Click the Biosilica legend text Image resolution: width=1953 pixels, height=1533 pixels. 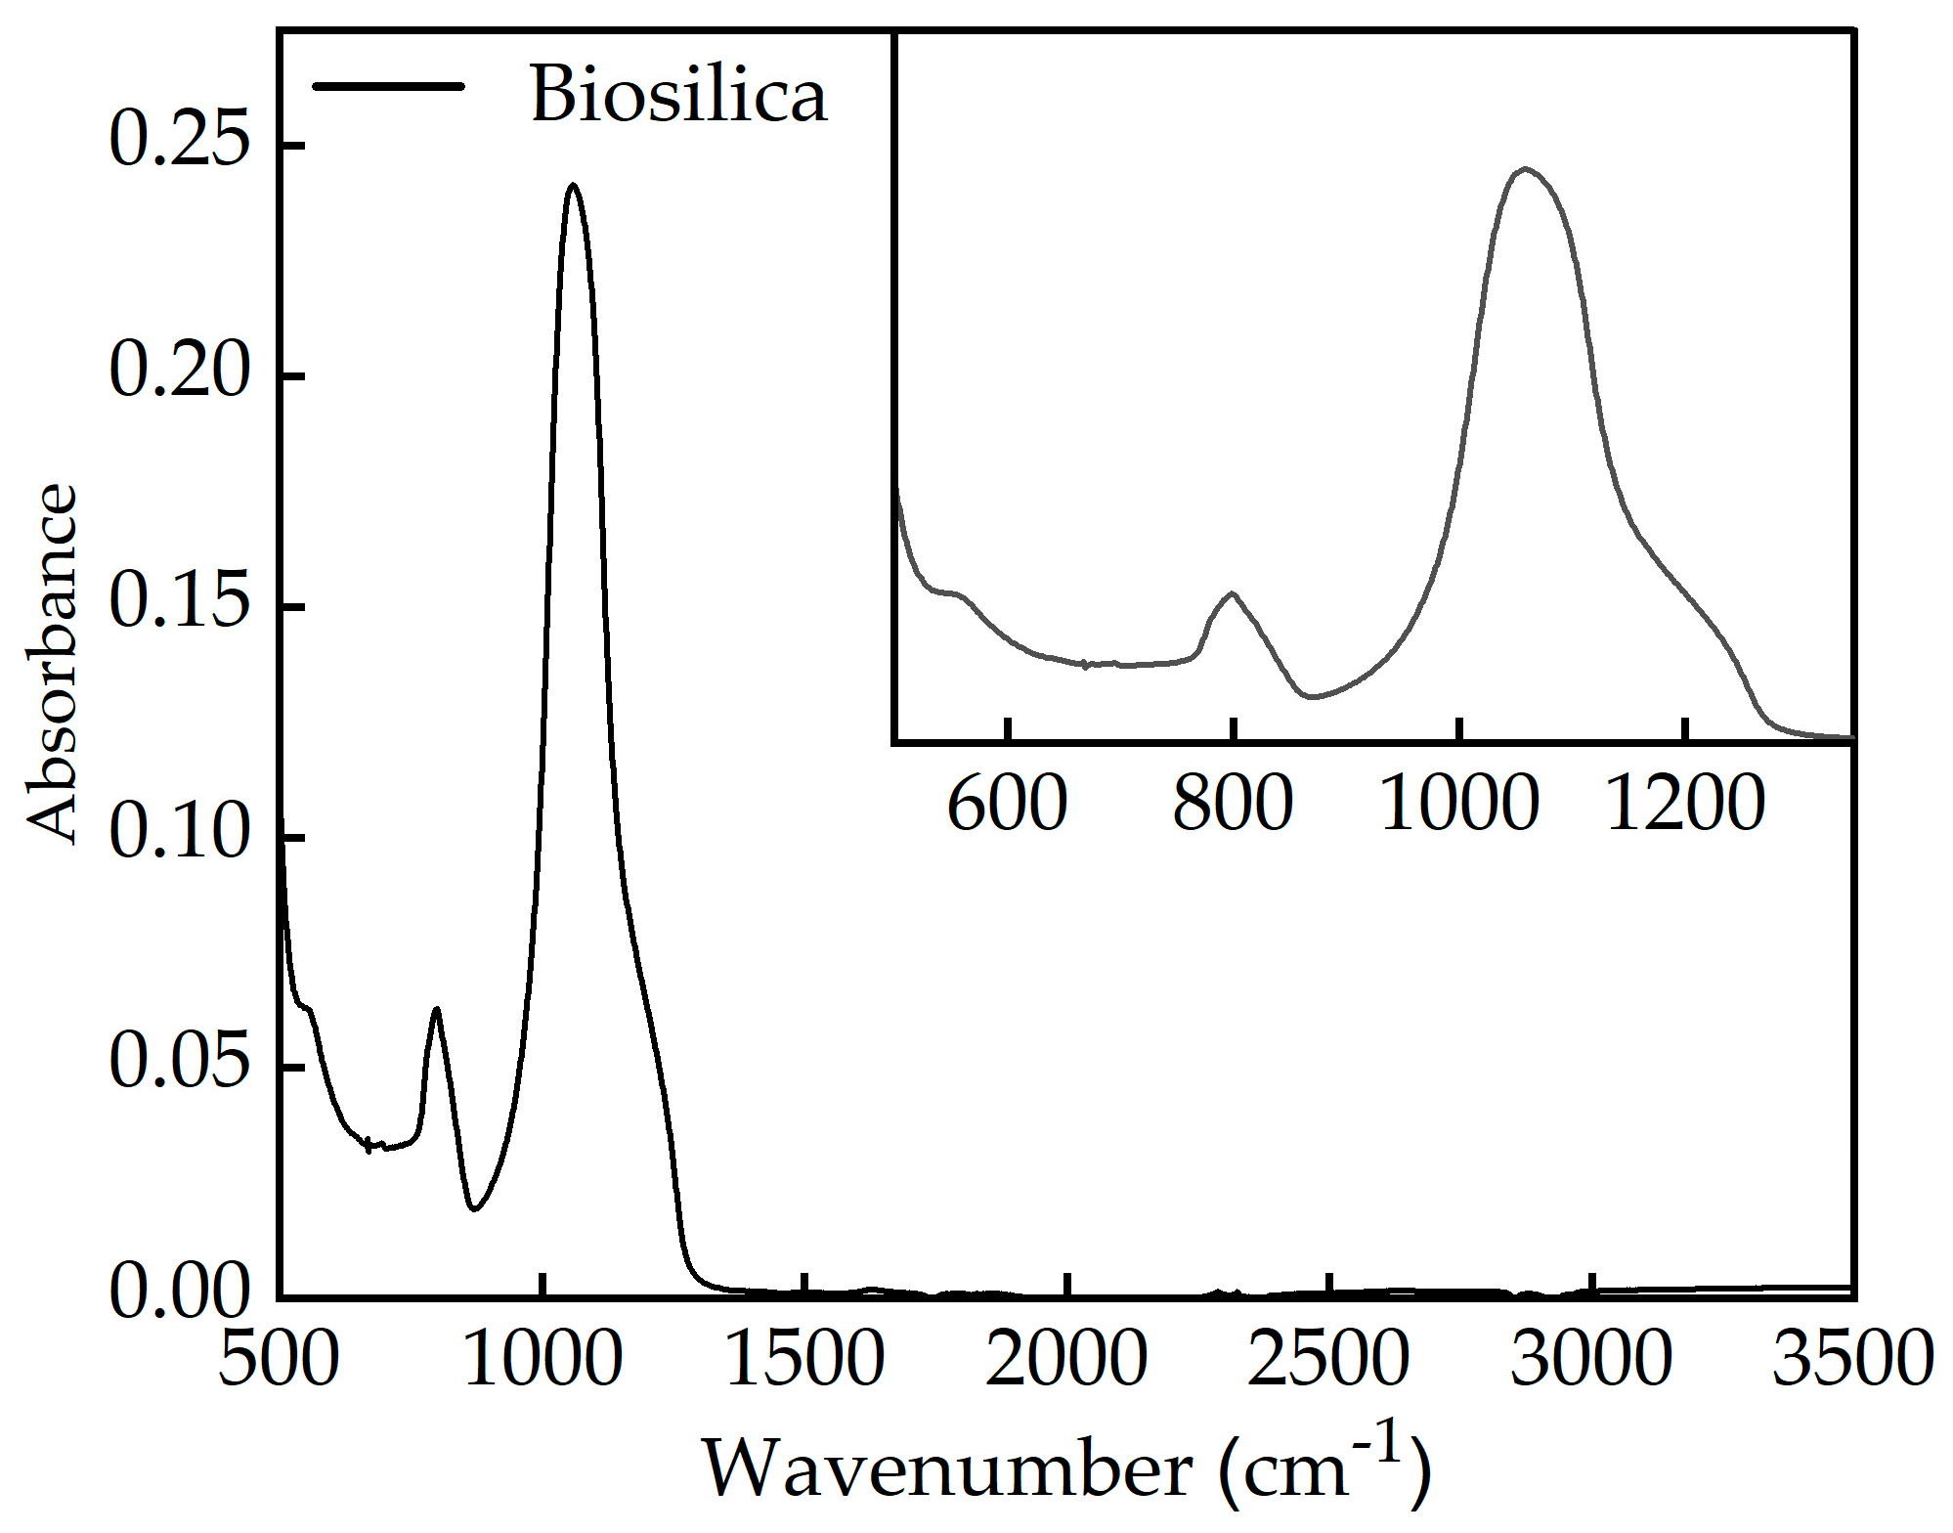[x=678, y=95]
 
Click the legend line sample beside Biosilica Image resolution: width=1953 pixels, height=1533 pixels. [x=388, y=86]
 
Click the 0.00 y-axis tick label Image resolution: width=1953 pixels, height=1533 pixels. [x=180, y=1291]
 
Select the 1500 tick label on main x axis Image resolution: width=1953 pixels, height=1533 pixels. [x=804, y=1359]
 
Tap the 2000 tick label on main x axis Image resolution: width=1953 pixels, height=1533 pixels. [x=1066, y=1359]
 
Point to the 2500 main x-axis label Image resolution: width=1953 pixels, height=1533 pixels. [x=1328, y=1359]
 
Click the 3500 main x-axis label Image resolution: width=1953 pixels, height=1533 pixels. [x=1852, y=1359]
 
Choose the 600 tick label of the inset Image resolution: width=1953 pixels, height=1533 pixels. [x=1007, y=804]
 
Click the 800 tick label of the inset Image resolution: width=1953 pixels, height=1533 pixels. [x=1233, y=804]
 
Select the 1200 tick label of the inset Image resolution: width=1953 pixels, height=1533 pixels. [x=1684, y=804]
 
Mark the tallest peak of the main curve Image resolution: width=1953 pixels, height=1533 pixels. [x=573, y=185]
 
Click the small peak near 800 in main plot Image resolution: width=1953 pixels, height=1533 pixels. [x=436, y=1009]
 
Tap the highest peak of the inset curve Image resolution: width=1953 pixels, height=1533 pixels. [x=1525, y=169]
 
